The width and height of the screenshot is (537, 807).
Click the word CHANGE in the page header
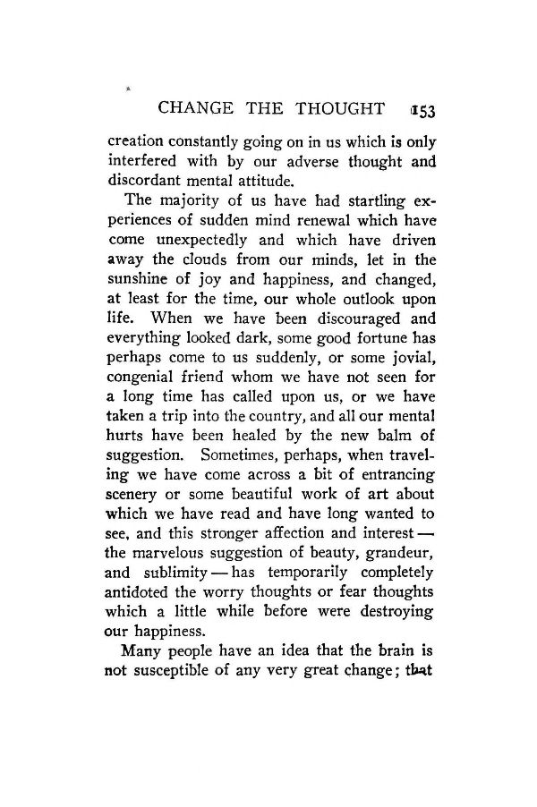point(192,109)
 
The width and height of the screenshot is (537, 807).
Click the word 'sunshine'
point(141,278)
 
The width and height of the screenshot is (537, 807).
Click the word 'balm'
point(391,436)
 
